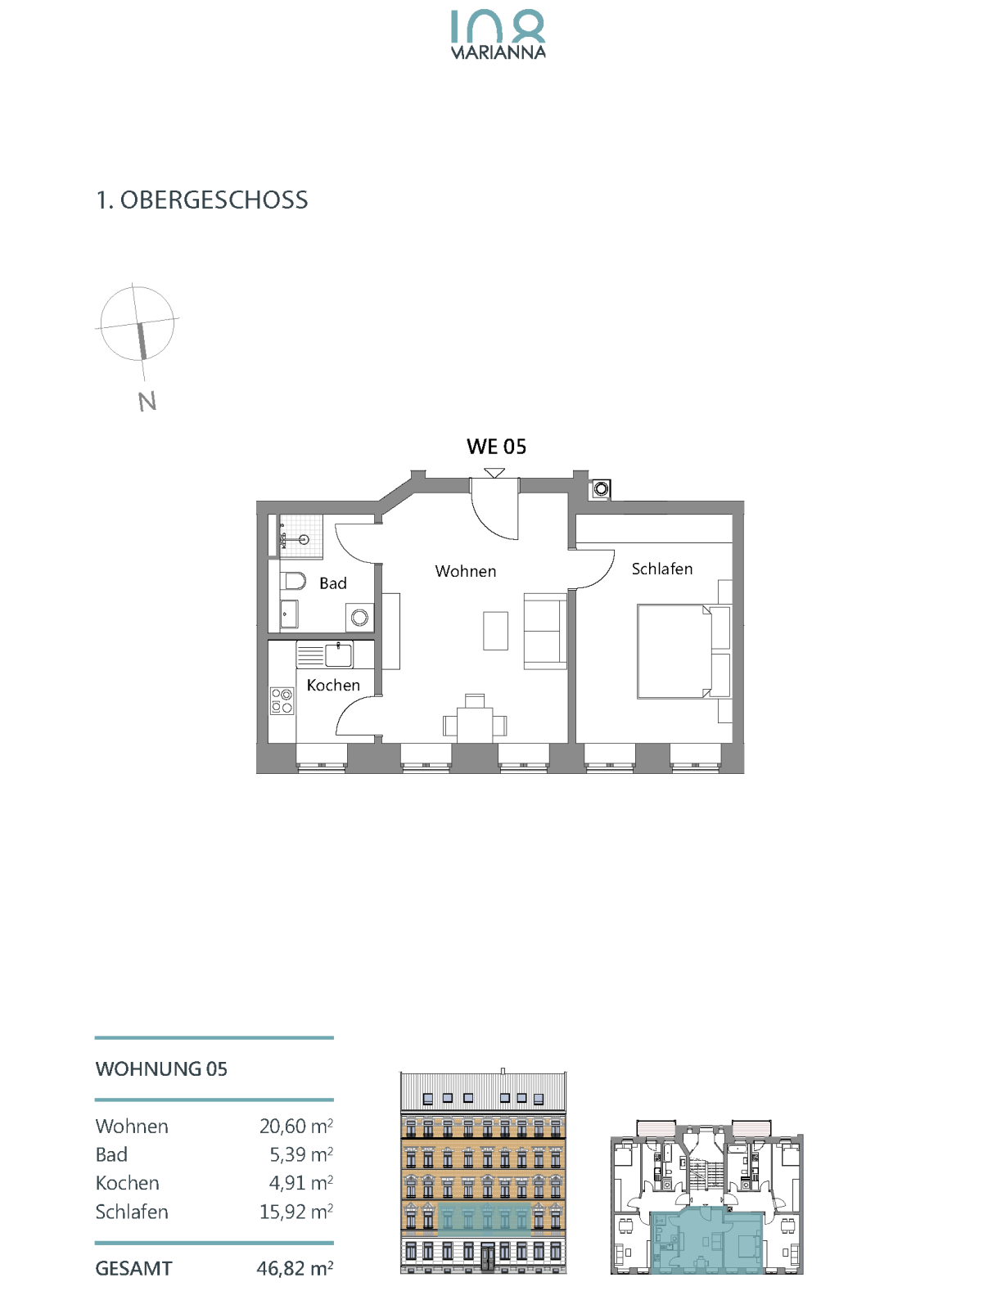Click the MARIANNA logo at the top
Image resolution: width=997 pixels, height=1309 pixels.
(x=498, y=34)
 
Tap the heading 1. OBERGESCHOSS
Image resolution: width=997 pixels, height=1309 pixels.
(x=201, y=200)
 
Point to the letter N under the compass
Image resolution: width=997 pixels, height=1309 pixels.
(x=147, y=401)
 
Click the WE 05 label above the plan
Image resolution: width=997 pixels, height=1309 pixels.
(x=496, y=447)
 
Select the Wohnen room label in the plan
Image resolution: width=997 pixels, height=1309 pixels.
(x=466, y=571)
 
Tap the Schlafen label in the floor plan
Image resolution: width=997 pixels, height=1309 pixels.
(x=662, y=569)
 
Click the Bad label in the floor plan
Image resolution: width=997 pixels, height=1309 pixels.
(x=333, y=583)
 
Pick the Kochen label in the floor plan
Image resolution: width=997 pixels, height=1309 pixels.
(x=333, y=686)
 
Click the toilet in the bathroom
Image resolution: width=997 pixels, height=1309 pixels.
(x=292, y=580)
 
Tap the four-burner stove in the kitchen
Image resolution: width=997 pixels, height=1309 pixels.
(x=282, y=701)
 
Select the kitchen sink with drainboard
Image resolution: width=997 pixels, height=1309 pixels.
(x=325, y=654)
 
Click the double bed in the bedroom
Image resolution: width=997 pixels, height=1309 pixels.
(x=674, y=651)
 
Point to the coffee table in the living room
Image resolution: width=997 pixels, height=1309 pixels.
(x=495, y=631)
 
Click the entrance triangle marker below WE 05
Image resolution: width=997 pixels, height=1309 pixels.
(x=494, y=473)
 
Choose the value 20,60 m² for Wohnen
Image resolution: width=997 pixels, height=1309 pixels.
(x=296, y=1126)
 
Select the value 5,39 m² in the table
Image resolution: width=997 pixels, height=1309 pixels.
(x=301, y=1154)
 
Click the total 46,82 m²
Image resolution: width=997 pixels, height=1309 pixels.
(x=295, y=1268)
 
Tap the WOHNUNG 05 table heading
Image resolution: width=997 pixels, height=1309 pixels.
(x=161, y=1068)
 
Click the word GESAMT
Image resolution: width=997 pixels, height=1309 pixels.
(x=133, y=1268)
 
